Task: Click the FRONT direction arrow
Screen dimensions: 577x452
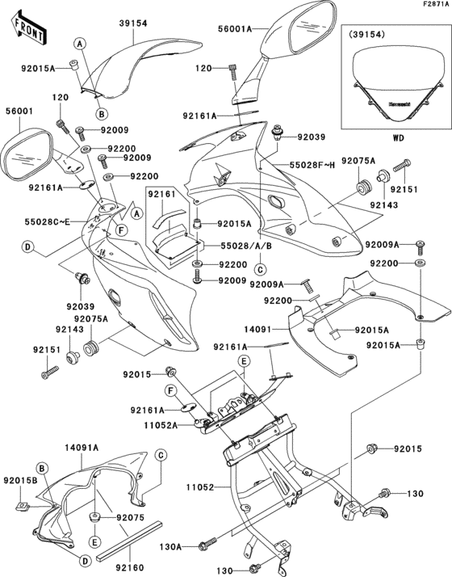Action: click(27, 30)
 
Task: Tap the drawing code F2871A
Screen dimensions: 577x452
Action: click(432, 5)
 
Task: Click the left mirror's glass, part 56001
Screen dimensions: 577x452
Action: click(25, 155)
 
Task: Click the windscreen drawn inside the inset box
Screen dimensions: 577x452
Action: click(396, 81)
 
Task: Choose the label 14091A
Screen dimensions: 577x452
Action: click(82, 447)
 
